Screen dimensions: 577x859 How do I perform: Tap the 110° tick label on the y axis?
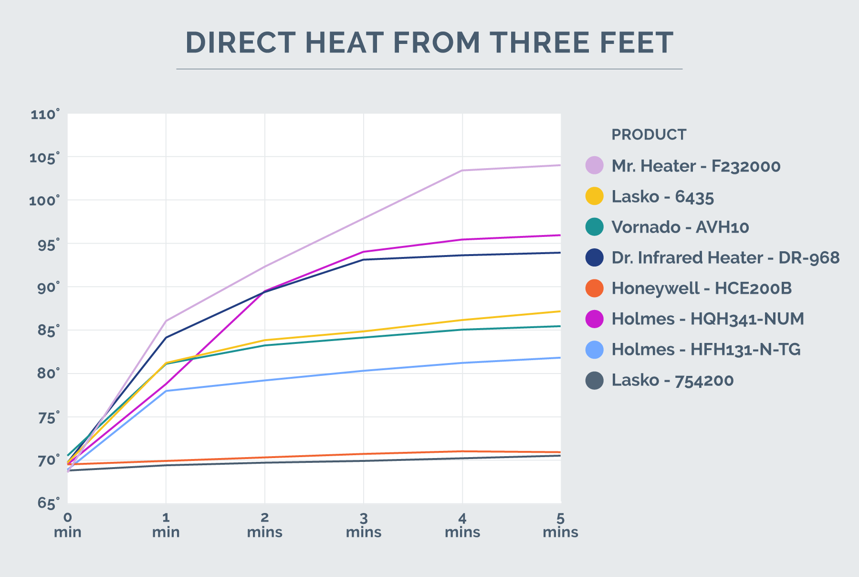(x=45, y=115)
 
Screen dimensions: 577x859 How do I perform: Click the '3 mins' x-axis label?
(x=364, y=525)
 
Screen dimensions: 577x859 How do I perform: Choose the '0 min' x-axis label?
(x=68, y=525)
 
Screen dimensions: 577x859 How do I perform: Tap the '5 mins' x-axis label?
(x=560, y=525)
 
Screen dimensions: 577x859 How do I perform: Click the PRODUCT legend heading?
(x=649, y=135)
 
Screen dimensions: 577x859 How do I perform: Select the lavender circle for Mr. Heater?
(x=594, y=166)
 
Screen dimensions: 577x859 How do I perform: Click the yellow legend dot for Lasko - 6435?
(x=594, y=196)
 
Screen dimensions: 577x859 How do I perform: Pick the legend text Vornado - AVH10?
(x=680, y=227)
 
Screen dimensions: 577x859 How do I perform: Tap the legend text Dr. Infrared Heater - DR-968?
(x=725, y=258)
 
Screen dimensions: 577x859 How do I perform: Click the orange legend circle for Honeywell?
(x=594, y=288)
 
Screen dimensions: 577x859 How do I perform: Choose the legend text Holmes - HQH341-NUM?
(x=707, y=319)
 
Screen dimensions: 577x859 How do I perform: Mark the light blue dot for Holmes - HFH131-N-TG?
(x=594, y=350)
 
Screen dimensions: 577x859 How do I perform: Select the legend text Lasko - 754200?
(x=672, y=380)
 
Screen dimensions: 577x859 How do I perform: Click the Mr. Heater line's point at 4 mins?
(x=462, y=171)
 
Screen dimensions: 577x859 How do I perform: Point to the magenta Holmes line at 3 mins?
(x=364, y=252)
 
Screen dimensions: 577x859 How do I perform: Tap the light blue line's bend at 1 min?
(x=166, y=391)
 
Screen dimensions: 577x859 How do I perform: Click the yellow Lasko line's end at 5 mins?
(x=559, y=311)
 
